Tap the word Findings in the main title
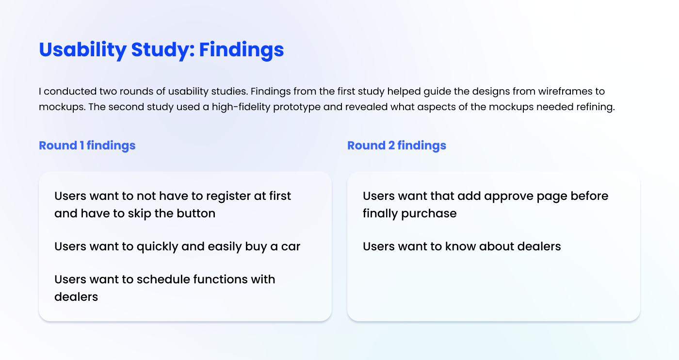click(242, 50)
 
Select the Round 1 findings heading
click(87, 146)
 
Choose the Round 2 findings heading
click(397, 146)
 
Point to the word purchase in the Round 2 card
click(429, 214)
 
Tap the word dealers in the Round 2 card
click(539, 246)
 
